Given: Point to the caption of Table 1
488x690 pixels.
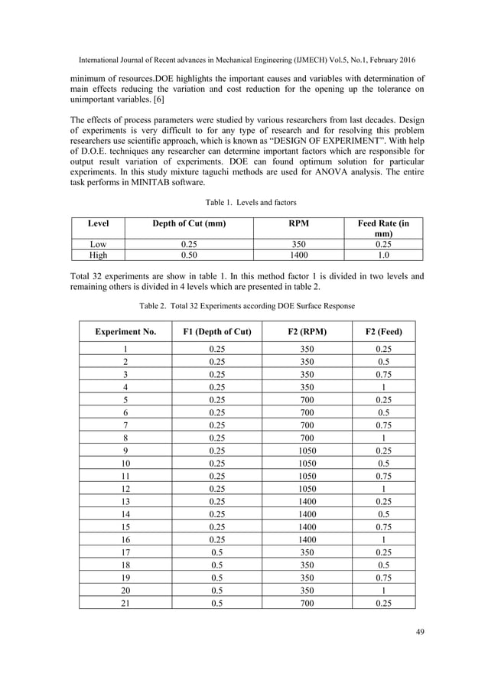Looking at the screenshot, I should [244, 203].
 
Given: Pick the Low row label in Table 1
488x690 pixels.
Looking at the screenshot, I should [98, 244].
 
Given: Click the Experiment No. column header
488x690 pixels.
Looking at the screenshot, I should [125, 332].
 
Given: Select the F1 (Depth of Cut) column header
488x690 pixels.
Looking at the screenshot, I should [218, 332].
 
